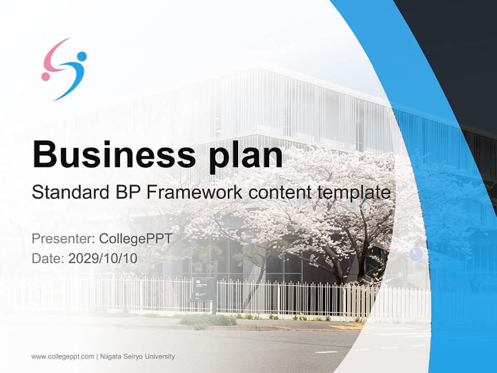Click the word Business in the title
(110, 154)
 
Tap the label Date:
(48, 258)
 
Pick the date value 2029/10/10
(103, 258)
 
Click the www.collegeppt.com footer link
(63, 356)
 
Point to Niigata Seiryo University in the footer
(137, 356)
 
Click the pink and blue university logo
(64, 69)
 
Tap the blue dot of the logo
(81, 56)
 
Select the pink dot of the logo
(46, 77)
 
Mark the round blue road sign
(416, 254)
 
